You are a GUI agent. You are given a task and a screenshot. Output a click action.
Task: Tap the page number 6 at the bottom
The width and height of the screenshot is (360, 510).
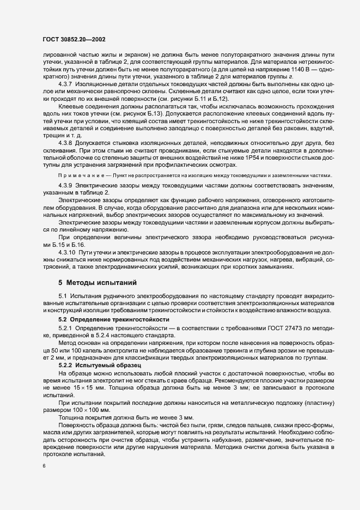44,467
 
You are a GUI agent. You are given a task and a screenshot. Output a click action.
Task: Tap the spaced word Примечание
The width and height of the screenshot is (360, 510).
81,175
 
